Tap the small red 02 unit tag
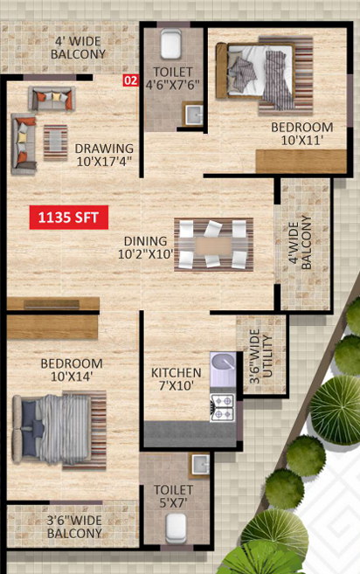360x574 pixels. point(130,81)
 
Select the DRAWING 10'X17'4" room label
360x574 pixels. point(104,155)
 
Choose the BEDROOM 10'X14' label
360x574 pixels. point(72,370)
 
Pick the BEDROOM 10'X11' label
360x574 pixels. point(301,133)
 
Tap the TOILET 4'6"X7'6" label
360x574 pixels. point(172,79)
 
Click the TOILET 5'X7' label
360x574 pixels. point(174,497)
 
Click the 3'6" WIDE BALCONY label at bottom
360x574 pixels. point(74,527)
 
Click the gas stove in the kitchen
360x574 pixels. point(222,405)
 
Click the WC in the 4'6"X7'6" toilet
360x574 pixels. point(170,44)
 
